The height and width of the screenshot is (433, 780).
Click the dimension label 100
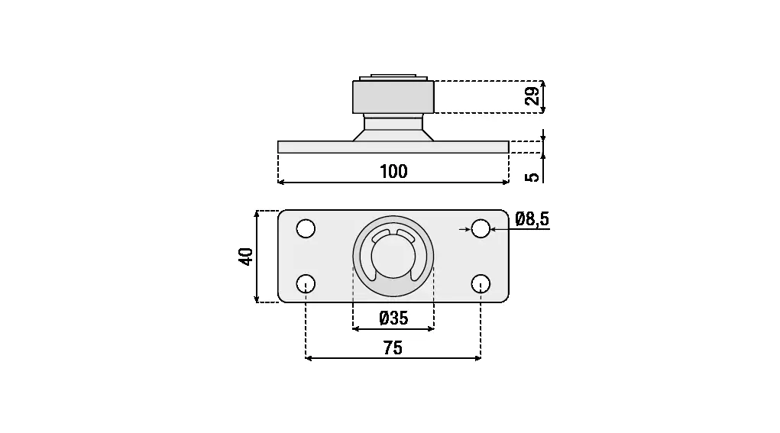tap(393, 172)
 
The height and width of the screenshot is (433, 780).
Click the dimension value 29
tap(532, 96)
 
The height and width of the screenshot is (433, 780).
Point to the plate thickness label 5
tap(532, 177)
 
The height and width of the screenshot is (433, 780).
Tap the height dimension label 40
tap(246, 257)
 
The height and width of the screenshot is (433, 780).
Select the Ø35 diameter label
tap(393, 318)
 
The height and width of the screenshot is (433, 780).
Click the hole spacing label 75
tap(393, 348)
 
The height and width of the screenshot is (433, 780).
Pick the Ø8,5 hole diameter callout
tap(532, 218)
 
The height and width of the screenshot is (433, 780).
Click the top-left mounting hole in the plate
tap(306, 228)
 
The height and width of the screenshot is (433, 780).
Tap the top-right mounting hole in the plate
tap(481, 228)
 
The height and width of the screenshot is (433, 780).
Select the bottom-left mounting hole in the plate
tap(306, 284)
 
